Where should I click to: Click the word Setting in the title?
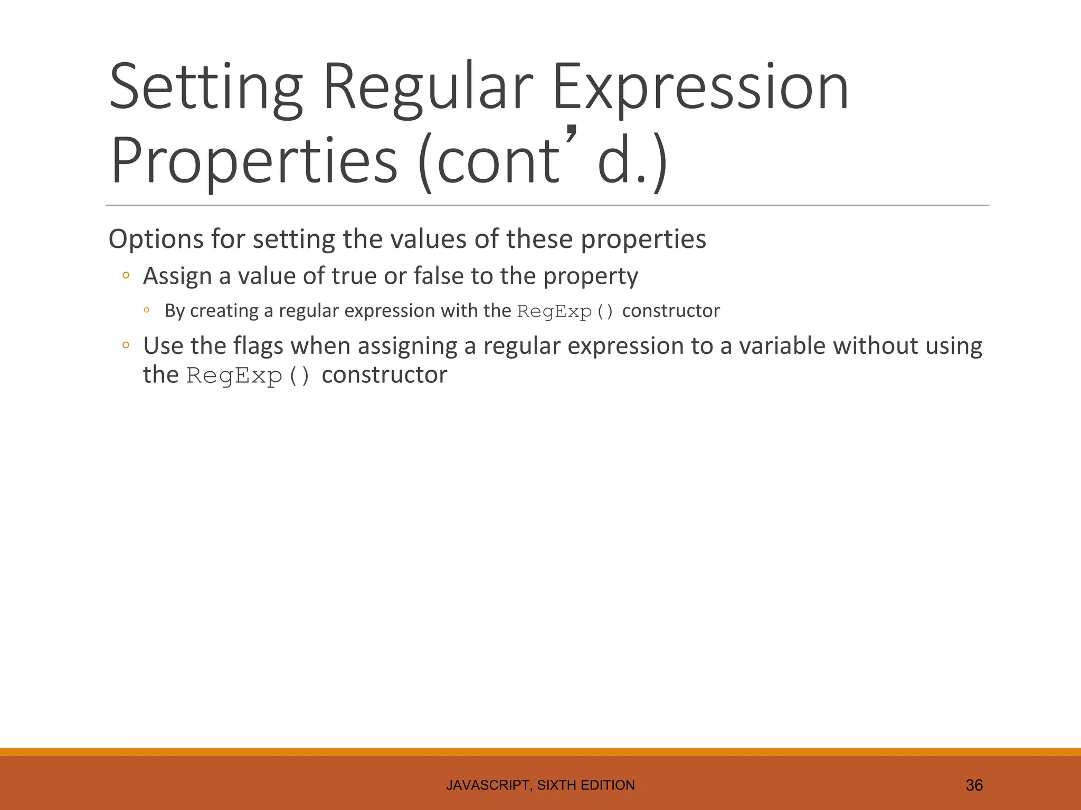(206, 87)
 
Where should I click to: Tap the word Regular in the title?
(428, 87)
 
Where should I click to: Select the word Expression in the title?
(700, 87)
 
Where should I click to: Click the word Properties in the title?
(254, 161)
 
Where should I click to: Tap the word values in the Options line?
(429, 239)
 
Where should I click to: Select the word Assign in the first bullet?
(177, 276)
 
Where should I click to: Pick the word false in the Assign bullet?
(438, 276)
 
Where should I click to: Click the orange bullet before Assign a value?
(126, 275)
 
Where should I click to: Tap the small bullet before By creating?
(147, 311)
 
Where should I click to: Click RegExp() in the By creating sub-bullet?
(565, 312)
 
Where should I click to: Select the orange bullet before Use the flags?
(126, 346)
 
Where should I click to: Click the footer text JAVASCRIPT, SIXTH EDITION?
(540, 785)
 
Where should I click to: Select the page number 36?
(974, 785)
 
